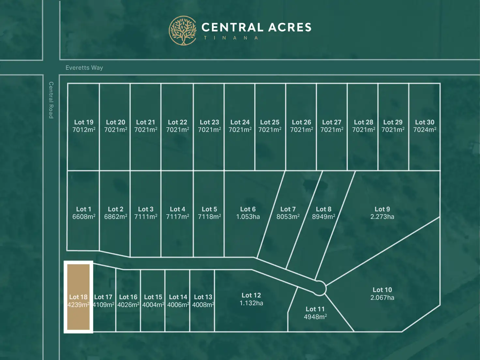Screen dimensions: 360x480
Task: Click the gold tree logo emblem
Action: pos(183,30)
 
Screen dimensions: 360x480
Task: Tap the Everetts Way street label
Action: pos(84,68)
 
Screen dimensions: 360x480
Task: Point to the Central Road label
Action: pos(51,100)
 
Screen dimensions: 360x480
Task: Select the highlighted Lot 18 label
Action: pos(78,297)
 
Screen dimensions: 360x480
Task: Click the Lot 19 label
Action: pos(84,122)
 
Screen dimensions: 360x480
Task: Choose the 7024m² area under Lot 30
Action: pos(425,130)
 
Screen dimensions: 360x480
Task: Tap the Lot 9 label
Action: pos(382,209)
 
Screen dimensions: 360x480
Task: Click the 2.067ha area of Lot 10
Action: pos(382,298)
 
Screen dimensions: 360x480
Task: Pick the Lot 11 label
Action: pos(315,309)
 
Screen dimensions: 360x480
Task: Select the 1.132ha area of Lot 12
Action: pos(251,303)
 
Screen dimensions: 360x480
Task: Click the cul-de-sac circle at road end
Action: pos(320,288)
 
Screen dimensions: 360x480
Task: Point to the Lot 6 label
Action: pos(248,209)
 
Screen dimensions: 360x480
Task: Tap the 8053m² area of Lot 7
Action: pos(288,217)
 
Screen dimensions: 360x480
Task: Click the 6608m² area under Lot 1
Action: pos(84,217)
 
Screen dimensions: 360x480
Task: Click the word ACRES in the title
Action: pos(290,27)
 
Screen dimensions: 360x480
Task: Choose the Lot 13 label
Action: pos(203,297)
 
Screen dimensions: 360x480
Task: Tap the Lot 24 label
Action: pos(240,122)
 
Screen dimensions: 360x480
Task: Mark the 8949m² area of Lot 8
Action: pos(323,217)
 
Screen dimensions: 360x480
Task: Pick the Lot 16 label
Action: pos(128,297)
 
